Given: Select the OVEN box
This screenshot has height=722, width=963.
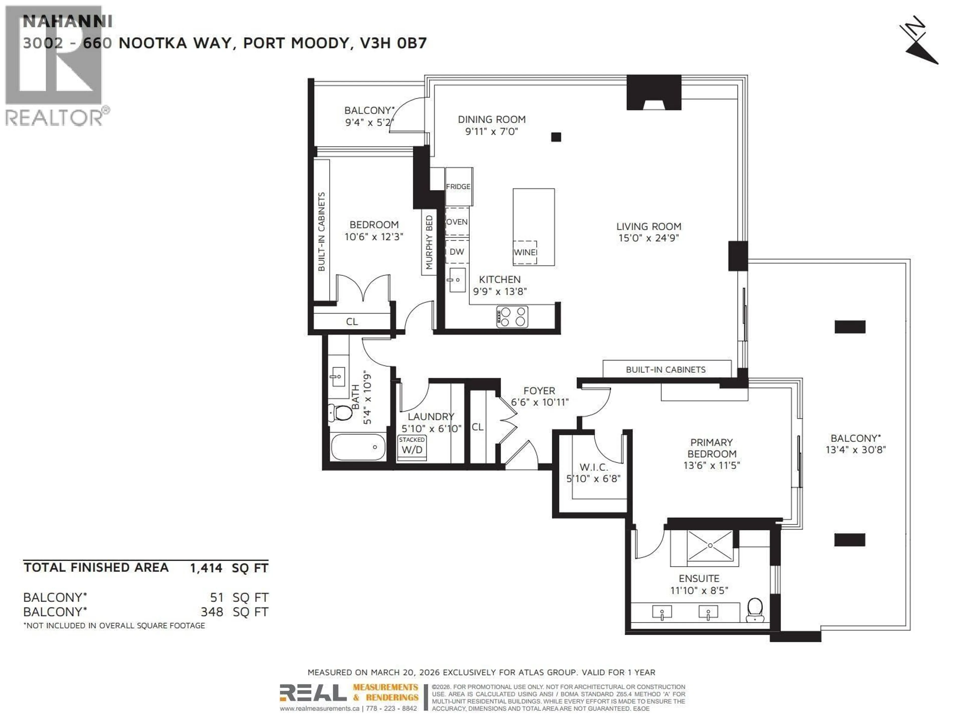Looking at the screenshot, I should [457, 222].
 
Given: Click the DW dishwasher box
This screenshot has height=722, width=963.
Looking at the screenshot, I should [457, 251].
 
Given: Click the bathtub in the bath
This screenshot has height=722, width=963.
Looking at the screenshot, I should [358, 447].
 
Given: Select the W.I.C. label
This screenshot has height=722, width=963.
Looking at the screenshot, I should [593, 467].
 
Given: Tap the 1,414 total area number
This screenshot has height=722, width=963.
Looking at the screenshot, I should [206, 568].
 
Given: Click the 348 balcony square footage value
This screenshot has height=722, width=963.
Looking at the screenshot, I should [212, 612].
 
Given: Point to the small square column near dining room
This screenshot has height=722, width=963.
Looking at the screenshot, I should [556, 137].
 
